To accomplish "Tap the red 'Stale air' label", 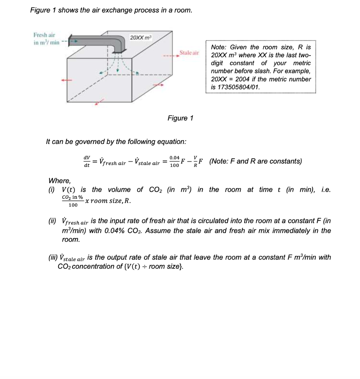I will coord(189,53).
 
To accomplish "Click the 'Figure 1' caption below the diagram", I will coord(180,118).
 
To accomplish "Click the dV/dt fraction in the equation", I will coord(87,161).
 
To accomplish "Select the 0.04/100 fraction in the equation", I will coord(174,161).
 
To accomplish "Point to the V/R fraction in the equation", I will coord(195,161).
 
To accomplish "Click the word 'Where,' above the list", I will coord(59,181).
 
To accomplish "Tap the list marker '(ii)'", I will coord(53,221).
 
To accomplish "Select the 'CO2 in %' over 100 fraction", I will coord(73,201).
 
